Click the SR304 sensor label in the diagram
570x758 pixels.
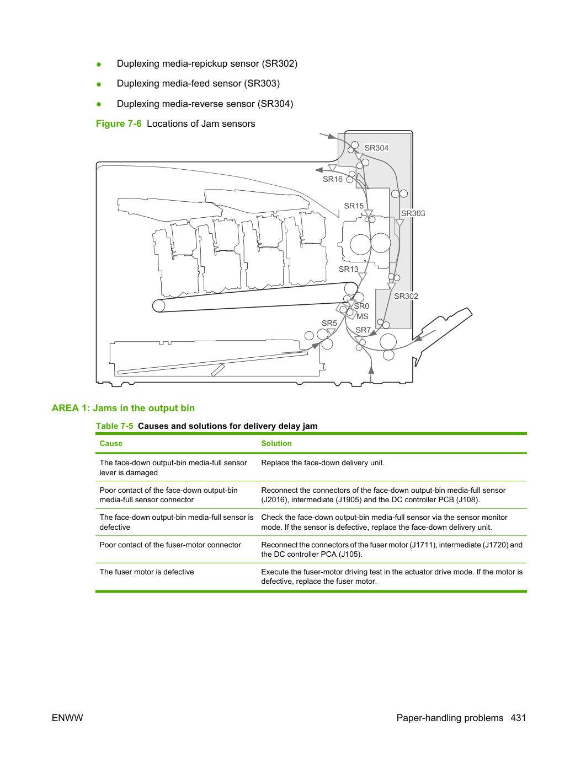[376, 148]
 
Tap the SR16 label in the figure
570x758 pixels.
[333, 179]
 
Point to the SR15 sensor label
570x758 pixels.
[354, 206]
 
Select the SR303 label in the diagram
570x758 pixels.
[413, 213]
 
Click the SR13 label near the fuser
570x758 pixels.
[348, 269]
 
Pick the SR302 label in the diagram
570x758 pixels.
[406, 296]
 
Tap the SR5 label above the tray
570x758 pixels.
[329, 323]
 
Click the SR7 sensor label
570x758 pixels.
[363, 330]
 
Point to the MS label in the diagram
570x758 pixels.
[363, 316]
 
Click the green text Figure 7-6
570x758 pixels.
[119, 123]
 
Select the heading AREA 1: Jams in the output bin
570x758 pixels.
[123, 408]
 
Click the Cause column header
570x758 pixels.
[111, 443]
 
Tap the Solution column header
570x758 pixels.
[276, 443]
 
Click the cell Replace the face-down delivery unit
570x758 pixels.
[323, 463]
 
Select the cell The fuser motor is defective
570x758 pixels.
[147, 572]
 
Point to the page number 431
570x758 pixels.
[518, 718]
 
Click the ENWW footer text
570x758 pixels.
[67, 718]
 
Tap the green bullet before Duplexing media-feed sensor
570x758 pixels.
[99, 84]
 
